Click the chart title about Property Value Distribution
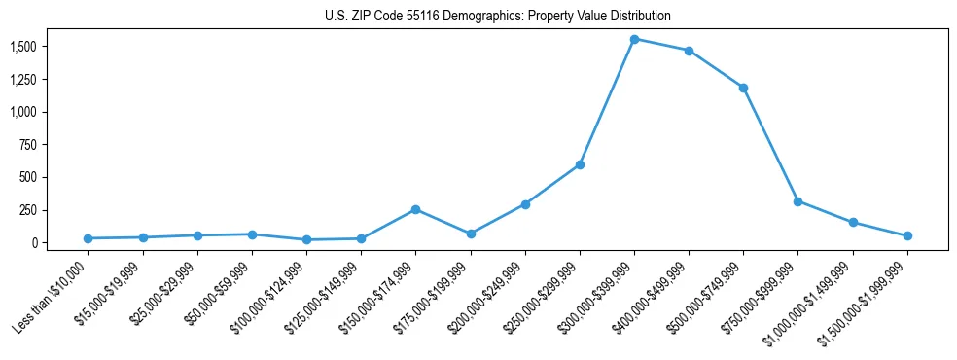[498, 17]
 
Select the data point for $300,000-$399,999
[634, 39]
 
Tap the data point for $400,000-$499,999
[689, 51]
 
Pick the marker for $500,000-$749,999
[743, 88]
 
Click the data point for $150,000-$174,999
[415, 209]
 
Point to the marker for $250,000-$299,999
[580, 164]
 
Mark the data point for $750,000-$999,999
[797, 201]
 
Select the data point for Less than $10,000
[88, 238]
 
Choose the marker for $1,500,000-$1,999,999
[907, 235]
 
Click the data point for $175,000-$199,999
[471, 234]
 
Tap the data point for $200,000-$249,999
[525, 204]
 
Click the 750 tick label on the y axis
[28, 145]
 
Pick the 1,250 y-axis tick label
[23, 80]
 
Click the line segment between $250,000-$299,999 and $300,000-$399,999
[607, 102]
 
